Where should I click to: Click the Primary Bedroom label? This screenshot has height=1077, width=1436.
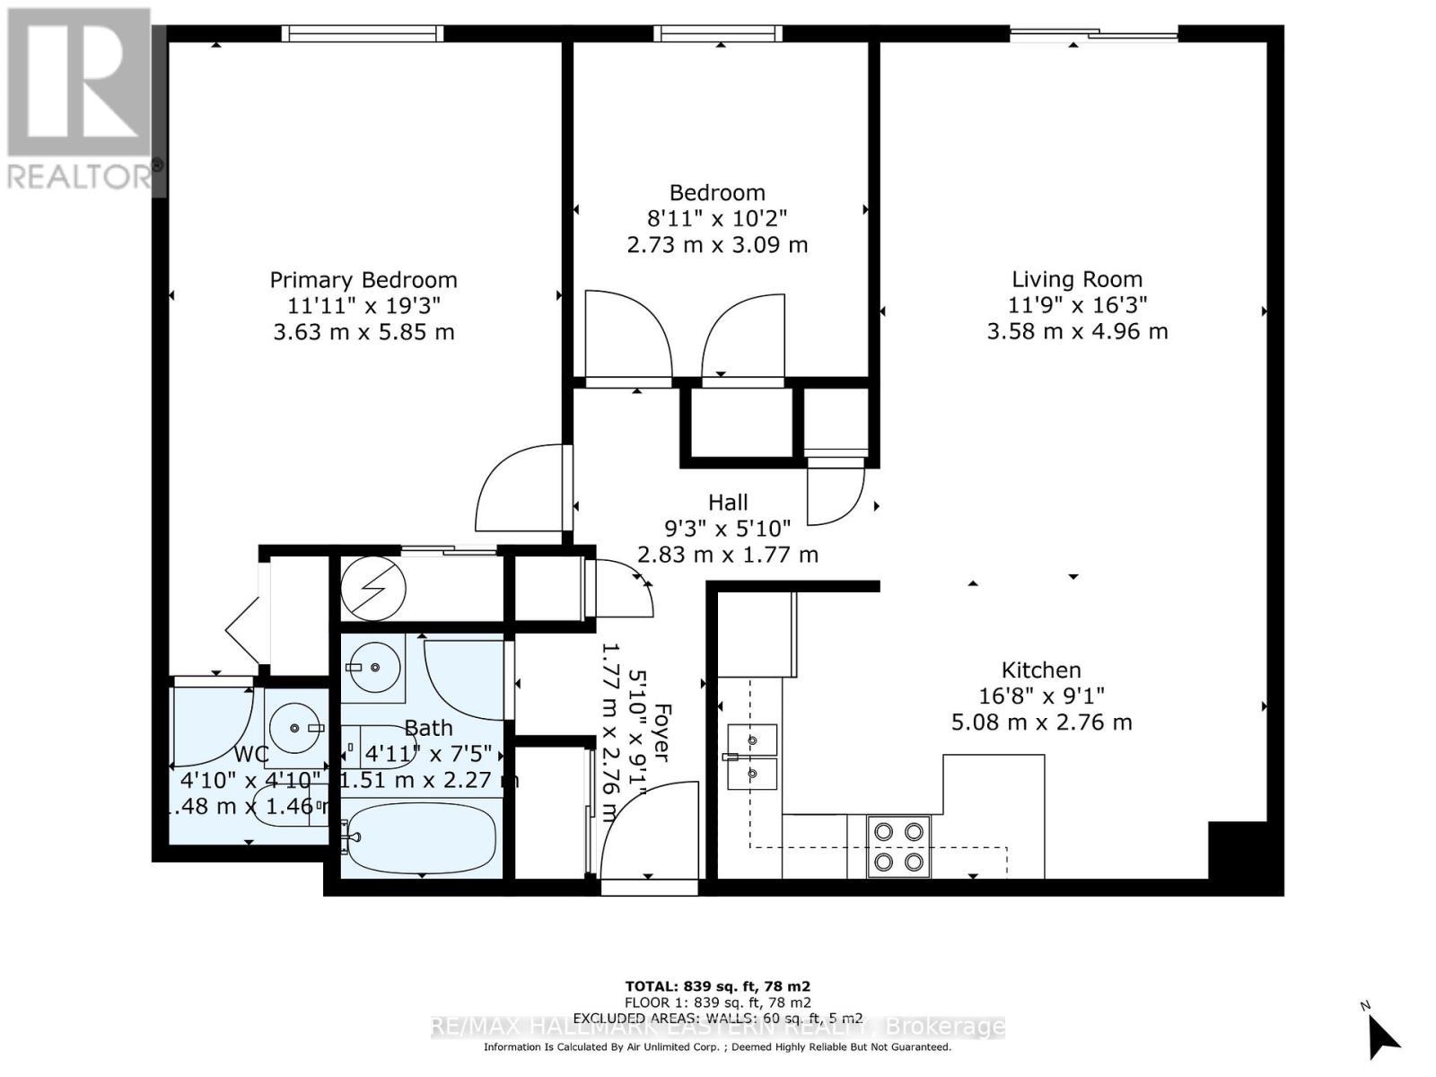pos(363,280)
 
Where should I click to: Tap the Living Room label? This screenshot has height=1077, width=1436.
pos(1077,279)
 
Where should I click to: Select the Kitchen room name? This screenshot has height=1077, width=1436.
pos(1041,670)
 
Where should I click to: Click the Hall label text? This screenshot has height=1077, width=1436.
pos(727,503)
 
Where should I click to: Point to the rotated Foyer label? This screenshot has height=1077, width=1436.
pos(661,731)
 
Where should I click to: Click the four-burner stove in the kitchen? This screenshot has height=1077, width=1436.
pos(898,846)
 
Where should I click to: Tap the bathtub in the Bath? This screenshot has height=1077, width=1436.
pos(422,838)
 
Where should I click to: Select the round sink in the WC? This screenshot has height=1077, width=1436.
pos(295,728)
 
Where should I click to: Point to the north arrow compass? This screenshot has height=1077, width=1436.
pos(1382,1033)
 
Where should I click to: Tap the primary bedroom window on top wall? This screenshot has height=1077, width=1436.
pos(363,33)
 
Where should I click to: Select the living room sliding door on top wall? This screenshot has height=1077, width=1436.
pos(1094,35)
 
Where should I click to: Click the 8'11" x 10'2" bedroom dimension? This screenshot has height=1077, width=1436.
pos(717,218)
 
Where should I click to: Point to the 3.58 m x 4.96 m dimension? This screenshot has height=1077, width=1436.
pos(1077,331)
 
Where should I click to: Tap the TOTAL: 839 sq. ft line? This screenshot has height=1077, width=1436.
pos(717,985)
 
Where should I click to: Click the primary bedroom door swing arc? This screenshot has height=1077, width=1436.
pos(521,489)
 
